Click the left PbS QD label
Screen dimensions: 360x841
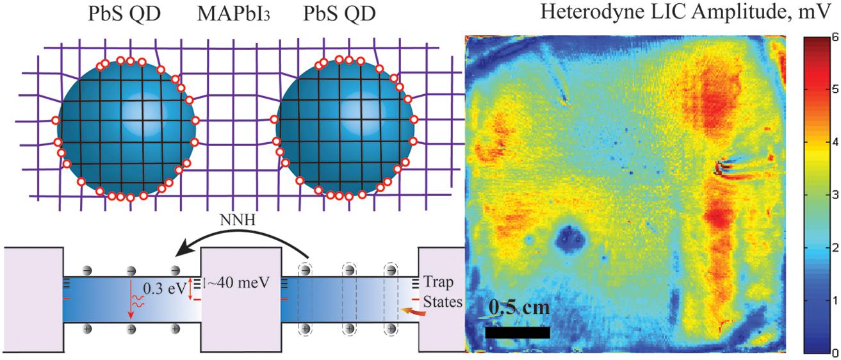(x=126, y=14)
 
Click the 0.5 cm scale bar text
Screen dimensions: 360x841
(x=518, y=309)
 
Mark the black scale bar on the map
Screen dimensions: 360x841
(x=518, y=332)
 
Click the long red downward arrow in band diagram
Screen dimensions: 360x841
(x=131, y=301)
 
